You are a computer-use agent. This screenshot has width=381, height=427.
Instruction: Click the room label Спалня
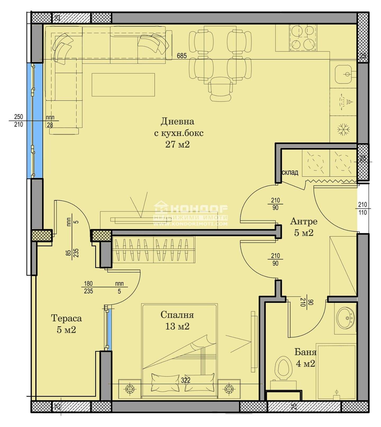coord(177,315)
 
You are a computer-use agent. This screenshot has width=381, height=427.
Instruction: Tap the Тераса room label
coord(66,318)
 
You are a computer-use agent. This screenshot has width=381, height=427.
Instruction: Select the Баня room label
coord(306,352)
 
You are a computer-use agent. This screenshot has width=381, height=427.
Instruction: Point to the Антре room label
coord(303,221)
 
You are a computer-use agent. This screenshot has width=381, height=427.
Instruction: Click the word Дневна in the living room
coord(177,121)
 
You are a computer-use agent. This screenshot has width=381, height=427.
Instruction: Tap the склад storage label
coord(290,172)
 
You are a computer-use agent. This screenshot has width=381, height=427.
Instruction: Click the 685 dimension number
coord(182,56)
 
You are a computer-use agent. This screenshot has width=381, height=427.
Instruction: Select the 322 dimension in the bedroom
coord(186,380)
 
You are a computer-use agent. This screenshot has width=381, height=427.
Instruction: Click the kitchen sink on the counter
coord(344,74)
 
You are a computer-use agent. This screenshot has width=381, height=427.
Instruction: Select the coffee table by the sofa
coord(123,85)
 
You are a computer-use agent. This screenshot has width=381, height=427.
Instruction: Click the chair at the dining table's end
coord(220,89)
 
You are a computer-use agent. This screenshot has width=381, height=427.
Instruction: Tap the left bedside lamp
coord(130,389)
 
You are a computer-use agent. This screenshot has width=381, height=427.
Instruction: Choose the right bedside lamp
coord(229,389)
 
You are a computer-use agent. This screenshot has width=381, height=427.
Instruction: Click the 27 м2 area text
coord(178,144)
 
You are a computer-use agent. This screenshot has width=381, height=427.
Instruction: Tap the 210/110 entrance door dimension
coord(362,208)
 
